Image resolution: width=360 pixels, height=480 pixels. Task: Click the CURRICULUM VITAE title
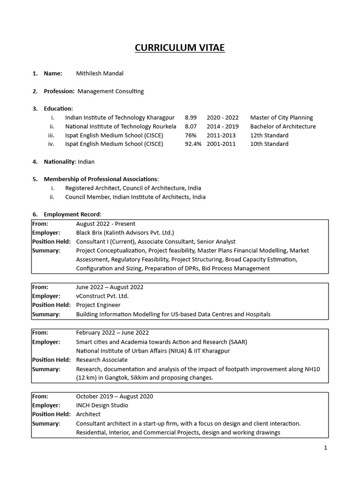coord(180,48)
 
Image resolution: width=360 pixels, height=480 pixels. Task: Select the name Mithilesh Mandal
coord(100,74)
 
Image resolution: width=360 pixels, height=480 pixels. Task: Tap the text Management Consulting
coord(111,91)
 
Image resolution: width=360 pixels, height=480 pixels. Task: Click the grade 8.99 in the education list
coord(191,118)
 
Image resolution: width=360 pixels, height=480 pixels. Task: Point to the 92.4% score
coord(193,144)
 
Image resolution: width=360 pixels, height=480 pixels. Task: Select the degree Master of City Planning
coord(281,118)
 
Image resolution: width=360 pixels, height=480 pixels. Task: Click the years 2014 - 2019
coord(223,127)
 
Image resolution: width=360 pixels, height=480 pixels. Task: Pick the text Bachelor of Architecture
coord(283,127)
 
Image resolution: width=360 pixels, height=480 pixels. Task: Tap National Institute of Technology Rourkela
coord(120,127)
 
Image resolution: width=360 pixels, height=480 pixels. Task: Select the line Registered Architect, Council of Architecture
coord(133,188)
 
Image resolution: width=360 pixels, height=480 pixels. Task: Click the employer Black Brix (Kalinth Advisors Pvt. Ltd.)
coord(125,232)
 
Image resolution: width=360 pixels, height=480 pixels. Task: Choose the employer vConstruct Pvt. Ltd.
coord(102,296)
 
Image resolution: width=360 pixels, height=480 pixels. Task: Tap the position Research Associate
coord(102,360)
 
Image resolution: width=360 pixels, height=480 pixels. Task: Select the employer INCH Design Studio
coord(102,405)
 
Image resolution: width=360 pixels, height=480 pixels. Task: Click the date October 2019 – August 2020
coord(114,396)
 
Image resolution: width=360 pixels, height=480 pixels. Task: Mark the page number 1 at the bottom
coord(325,448)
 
